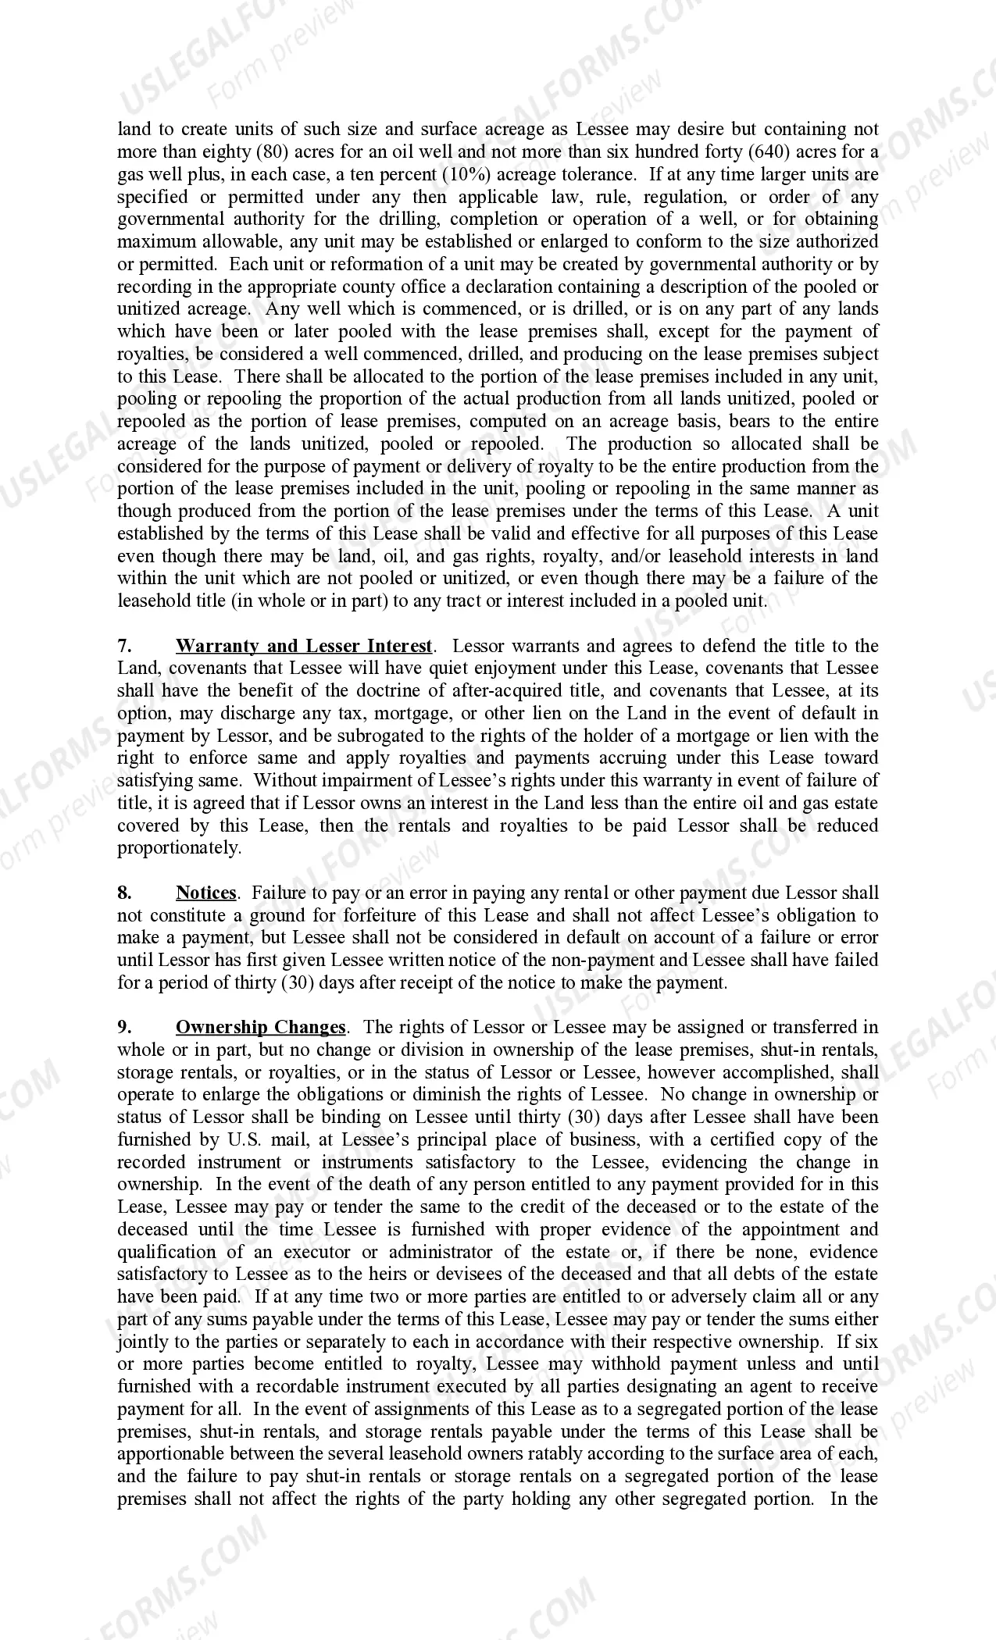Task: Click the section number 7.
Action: coord(123,646)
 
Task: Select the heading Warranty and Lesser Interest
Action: coord(303,646)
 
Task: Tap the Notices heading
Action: coord(206,893)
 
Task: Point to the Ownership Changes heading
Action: coord(260,1027)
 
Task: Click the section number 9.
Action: coord(123,1027)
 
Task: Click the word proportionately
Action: coord(180,848)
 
